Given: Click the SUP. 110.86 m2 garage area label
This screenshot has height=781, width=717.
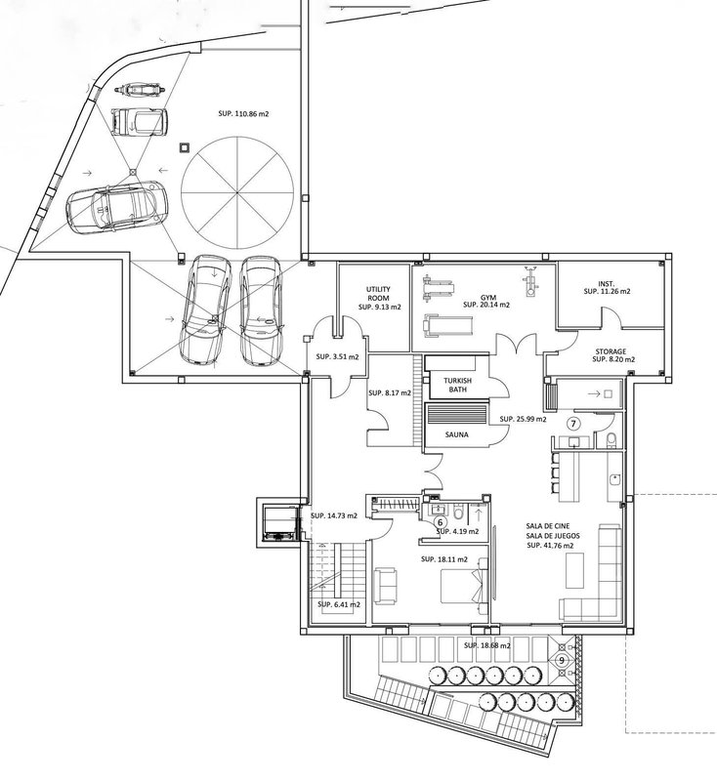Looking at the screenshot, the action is (x=243, y=113).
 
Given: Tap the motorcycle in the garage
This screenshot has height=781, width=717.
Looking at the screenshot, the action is (x=140, y=90).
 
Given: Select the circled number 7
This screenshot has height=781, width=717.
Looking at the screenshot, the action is (x=574, y=424).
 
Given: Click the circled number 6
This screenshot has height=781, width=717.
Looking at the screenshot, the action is (x=440, y=522).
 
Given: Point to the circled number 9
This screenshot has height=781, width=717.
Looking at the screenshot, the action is (x=562, y=661).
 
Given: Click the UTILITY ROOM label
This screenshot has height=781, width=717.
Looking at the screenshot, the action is (x=378, y=294).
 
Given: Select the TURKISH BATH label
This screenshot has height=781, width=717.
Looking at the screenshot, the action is (x=458, y=385).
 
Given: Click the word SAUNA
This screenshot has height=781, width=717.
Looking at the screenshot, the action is (x=456, y=434).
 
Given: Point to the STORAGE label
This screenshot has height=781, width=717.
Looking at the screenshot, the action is (x=611, y=351).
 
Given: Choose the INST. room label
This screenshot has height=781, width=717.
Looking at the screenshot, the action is (x=607, y=283).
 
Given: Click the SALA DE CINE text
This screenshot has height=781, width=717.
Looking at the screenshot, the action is (x=548, y=525).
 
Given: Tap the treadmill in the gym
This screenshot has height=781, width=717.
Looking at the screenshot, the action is (x=447, y=325).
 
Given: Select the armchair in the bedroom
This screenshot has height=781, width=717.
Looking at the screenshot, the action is (x=386, y=587).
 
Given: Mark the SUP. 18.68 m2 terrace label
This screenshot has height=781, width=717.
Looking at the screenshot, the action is (x=486, y=645).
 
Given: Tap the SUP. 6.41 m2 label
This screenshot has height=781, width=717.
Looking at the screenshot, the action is (x=339, y=604).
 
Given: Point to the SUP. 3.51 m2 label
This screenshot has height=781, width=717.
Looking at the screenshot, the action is (x=337, y=356).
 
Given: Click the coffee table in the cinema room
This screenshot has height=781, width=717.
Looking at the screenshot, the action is (x=574, y=570).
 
